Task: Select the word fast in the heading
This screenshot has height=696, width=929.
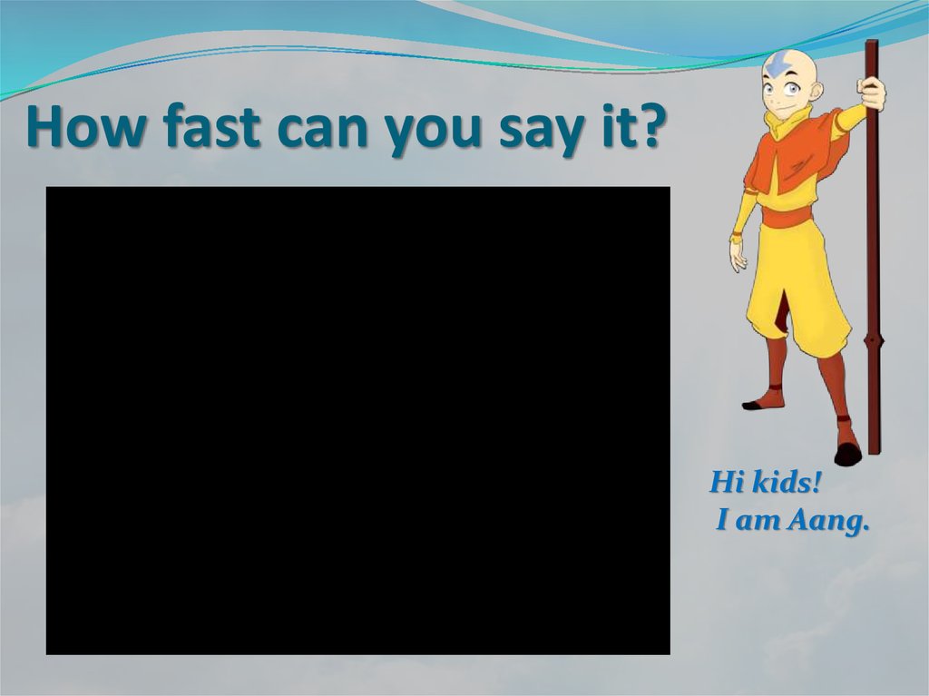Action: (210, 128)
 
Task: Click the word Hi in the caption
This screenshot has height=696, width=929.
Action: (727, 483)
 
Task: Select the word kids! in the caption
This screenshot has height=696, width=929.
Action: (785, 483)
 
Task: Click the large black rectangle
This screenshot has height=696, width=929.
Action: (357, 420)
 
